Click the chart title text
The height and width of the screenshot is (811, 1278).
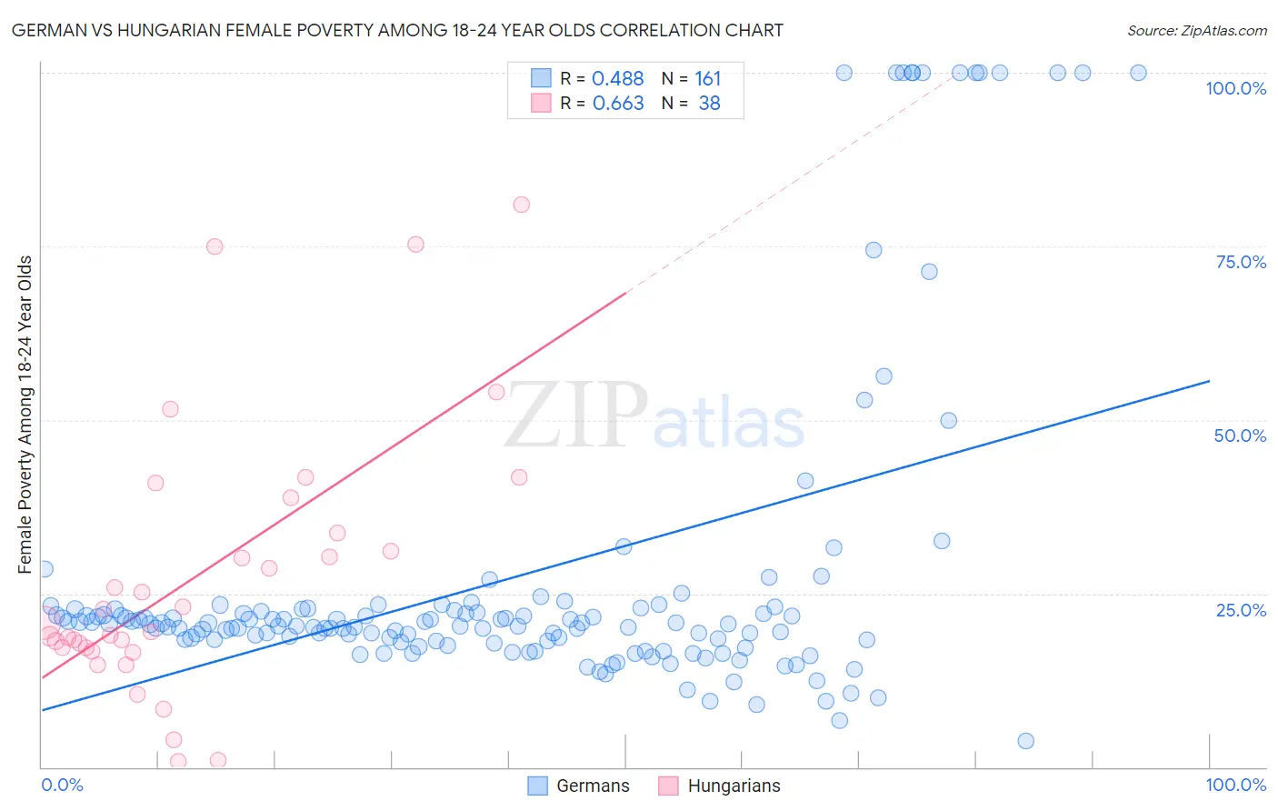click(x=397, y=30)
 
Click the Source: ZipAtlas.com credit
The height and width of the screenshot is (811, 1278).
click(x=1196, y=30)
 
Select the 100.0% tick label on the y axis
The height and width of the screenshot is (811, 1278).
click(x=1235, y=88)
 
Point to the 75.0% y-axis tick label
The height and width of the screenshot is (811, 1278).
click(x=1241, y=262)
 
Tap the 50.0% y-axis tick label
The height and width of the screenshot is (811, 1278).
click(x=1240, y=436)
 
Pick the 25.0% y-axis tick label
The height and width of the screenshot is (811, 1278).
click(x=1241, y=610)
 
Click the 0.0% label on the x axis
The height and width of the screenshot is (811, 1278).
click(x=62, y=785)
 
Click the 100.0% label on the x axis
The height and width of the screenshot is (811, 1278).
click(x=1235, y=785)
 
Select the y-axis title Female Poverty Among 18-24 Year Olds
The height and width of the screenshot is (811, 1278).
click(x=25, y=415)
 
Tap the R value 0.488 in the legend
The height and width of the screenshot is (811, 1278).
click(x=617, y=79)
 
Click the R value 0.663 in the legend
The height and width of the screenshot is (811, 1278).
click(x=618, y=104)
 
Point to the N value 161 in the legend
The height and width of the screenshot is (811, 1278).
click(x=707, y=79)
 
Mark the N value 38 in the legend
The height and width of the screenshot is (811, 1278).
click(x=709, y=104)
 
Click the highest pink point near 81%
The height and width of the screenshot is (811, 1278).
click(x=521, y=205)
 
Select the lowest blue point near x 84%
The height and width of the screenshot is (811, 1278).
click(x=1025, y=741)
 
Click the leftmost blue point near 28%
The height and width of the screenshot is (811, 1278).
click(x=44, y=569)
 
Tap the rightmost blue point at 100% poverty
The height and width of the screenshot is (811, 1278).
click(x=1138, y=73)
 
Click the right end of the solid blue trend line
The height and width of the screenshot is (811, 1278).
click(x=1209, y=381)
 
